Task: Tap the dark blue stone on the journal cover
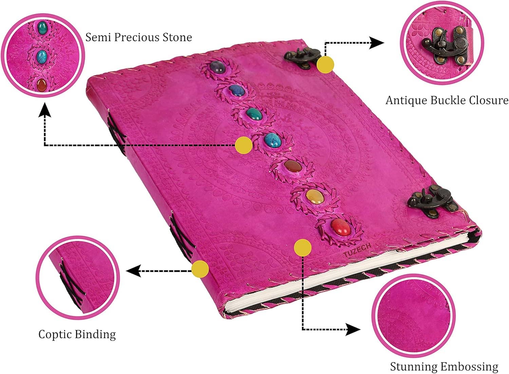[x=235, y=90]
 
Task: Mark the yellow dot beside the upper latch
[x=325, y=65]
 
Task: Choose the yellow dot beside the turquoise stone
[x=244, y=145]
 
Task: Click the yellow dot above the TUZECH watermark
[x=303, y=247]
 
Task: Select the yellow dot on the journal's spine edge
[x=200, y=269]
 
